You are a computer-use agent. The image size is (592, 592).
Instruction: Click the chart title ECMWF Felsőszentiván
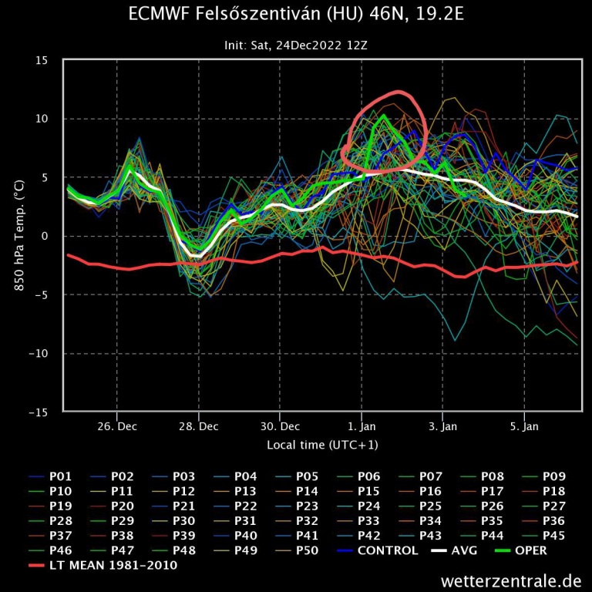coord(296,15)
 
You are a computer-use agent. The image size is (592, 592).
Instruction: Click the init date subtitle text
coord(296,45)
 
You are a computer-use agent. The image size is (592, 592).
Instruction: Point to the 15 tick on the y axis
coord(42,60)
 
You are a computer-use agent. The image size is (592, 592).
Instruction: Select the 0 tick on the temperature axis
coord(45,237)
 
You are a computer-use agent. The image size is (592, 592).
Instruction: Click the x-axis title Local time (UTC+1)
coord(322,445)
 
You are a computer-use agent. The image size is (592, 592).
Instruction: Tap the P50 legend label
coord(308,550)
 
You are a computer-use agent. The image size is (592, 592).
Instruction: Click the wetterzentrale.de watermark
coord(511,580)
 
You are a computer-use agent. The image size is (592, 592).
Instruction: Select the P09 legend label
coord(555,476)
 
